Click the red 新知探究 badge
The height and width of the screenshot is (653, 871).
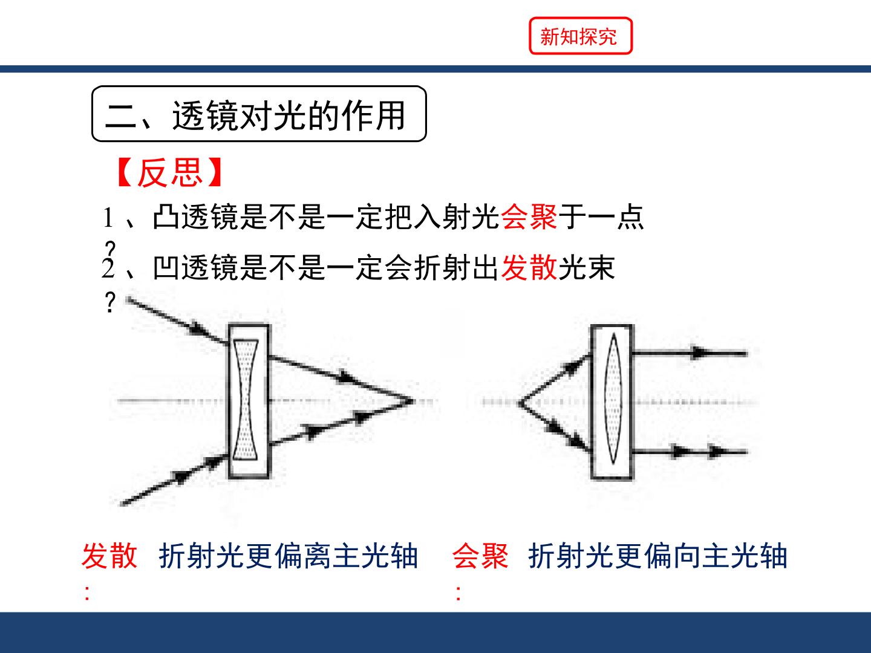tap(581, 36)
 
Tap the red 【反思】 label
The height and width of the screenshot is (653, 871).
tap(170, 172)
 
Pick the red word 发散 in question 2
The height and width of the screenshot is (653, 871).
tap(529, 267)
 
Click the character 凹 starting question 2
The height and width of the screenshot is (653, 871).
tap(166, 267)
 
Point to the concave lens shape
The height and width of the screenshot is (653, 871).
tap(246, 400)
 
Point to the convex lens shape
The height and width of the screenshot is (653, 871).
tap(613, 399)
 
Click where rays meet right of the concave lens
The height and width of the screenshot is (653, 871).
tap(412, 401)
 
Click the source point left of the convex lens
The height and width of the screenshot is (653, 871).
tap(520, 403)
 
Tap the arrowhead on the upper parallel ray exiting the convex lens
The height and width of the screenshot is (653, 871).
tap(699, 352)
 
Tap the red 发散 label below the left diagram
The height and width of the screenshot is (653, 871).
tap(109, 556)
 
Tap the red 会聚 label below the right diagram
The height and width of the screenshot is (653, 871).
tap(480, 556)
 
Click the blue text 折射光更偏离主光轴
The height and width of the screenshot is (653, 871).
tap(289, 556)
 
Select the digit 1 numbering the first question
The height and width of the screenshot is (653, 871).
tap(108, 218)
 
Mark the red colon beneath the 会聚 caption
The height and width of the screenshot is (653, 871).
tap(458, 593)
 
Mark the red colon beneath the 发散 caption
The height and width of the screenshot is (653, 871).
tap(87, 593)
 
